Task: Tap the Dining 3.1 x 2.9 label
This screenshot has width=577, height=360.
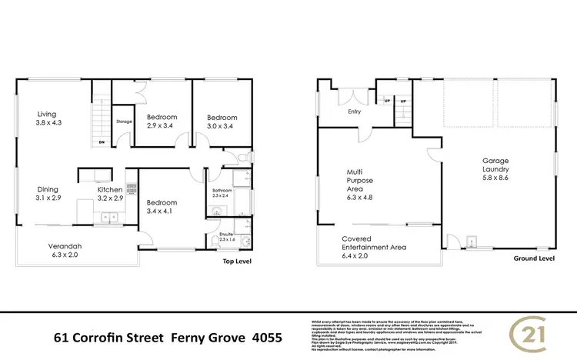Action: coord(50,192)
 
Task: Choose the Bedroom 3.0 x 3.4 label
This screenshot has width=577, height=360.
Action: coord(222,122)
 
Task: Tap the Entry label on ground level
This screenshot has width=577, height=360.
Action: coord(354,112)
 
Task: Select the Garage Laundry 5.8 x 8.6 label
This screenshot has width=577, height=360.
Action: coord(496,170)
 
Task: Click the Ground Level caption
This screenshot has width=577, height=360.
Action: coord(533,258)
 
